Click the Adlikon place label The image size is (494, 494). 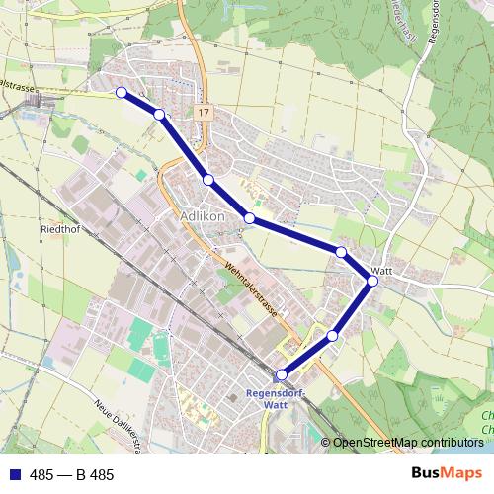(x=205, y=215)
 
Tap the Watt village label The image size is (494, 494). (x=383, y=270)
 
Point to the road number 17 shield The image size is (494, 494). (x=203, y=114)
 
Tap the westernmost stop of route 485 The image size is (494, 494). (x=122, y=92)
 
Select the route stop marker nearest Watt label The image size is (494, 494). (x=372, y=282)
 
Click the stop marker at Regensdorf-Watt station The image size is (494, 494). (x=282, y=374)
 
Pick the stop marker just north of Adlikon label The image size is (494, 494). (x=207, y=179)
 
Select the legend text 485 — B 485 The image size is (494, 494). (x=72, y=475)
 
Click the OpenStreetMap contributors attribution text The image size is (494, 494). (x=407, y=442)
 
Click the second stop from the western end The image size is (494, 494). (x=159, y=115)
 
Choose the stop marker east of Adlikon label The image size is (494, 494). (x=250, y=218)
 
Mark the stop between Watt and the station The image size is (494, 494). (x=332, y=336)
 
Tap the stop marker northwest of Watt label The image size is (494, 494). (x=341, y=252)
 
